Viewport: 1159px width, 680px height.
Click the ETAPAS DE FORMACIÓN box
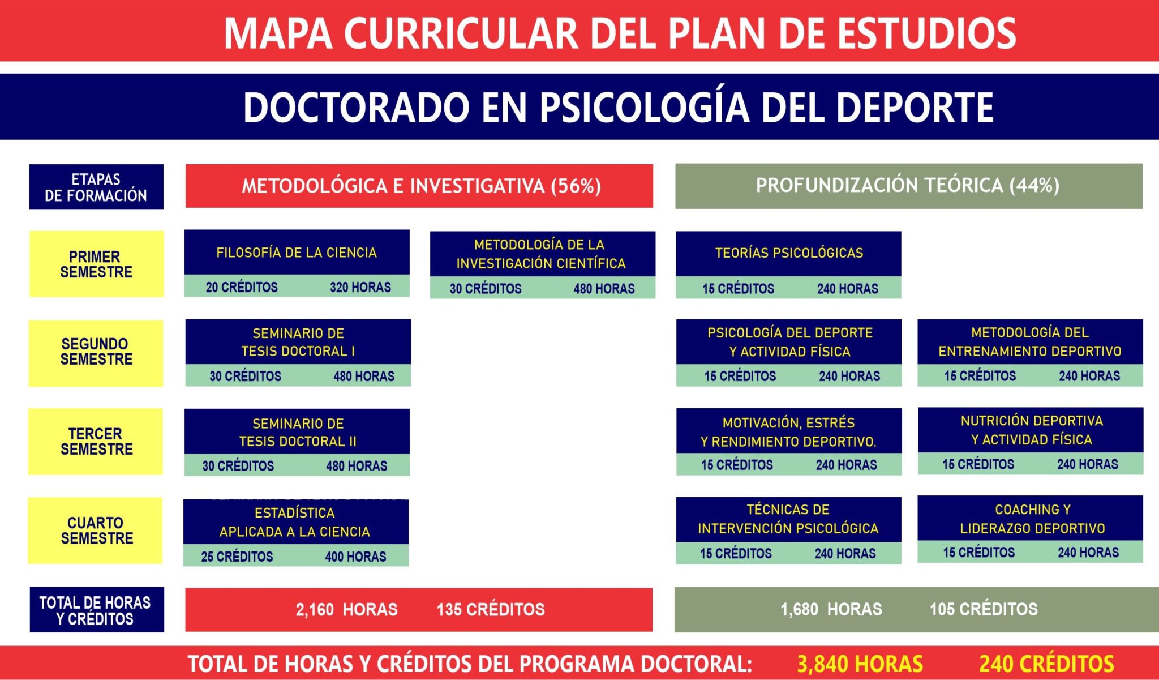tap(96, 187)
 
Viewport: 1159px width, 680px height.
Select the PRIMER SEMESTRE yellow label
tap(96, 264)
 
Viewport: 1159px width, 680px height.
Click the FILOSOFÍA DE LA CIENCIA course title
tap(297, 253)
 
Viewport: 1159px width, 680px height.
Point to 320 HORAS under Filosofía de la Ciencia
tap(360, 287)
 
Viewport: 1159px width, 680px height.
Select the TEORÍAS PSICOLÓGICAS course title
tap(789, 253)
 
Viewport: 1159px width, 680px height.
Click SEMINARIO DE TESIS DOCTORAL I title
tap(298, 342)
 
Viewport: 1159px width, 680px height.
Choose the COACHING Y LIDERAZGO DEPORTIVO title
tap(1032, 519)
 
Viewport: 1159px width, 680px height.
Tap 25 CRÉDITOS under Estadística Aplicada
tap(237, 557)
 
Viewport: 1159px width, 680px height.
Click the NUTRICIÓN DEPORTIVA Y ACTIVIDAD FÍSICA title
tap(1032, 430)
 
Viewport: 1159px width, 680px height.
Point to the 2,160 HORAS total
tap(346, 609)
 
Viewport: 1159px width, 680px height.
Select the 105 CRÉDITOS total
tap(984, 609)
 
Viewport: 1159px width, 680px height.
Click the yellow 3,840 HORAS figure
tap(860, 664)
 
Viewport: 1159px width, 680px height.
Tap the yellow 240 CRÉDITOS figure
tap(1046, 664)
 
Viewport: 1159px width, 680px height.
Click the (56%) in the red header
tap(576, 186)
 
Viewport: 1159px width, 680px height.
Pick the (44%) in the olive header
tap(1034, 185)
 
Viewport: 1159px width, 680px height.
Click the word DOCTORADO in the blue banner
tap(357, 107)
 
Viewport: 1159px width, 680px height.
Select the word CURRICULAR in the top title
tap(461, 33)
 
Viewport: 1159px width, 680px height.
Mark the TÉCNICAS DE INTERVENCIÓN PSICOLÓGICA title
tap(788, 519)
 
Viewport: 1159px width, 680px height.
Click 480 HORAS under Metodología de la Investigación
tap(604, 289)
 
